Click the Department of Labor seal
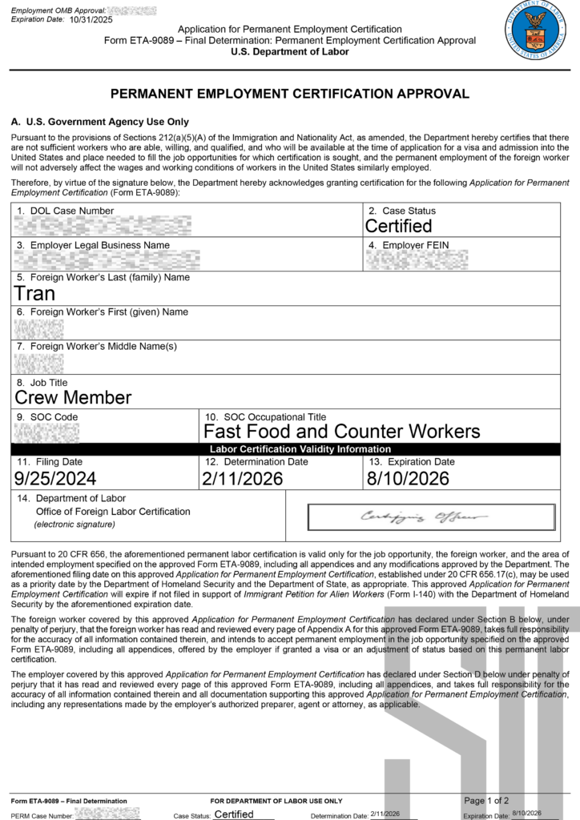[x=536, y=34]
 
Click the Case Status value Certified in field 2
[x=398, y=226]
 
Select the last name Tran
[x=35, y=293]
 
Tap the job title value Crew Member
[x=73, y=397]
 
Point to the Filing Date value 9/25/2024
[x=55, y=479]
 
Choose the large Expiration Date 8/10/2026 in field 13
[x=409, y=479]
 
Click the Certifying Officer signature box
[x=431, y=517]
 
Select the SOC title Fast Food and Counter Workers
[x=342, y=432]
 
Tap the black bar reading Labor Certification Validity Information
[x=300, y=449]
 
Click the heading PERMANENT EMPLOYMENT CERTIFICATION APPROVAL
[x=289, y=94]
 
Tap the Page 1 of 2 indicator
[x=486, y=801]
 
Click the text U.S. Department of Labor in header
[x=289, y=52]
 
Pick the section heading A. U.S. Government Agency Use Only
[x=99, y=123]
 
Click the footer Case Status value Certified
[x=234, y=814]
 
